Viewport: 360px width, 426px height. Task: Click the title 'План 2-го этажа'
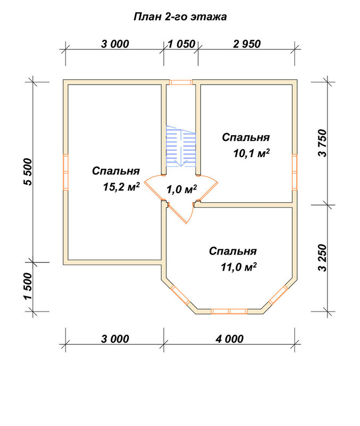coord(180,17)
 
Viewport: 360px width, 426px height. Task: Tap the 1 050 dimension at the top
coord(182,44)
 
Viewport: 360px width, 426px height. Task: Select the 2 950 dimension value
coord(247,44)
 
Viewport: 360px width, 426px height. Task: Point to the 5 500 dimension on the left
coord(28,171)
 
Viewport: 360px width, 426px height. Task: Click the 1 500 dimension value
coord(28,286)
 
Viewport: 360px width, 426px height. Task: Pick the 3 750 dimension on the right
coord(323,143)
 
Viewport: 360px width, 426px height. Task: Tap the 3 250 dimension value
coord(323,258)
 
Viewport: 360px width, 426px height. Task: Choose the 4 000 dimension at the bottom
coord(230,339)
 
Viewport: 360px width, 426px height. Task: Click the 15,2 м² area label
coord(121,187)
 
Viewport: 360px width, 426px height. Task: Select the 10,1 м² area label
coord(251,153)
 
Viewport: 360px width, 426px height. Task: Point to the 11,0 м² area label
coord(239,267)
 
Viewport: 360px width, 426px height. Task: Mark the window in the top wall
coord(181,82)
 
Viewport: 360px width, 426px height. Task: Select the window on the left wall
coord(66,172)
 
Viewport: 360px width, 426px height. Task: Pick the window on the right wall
coord(295,172)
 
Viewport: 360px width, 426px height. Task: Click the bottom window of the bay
coord(230,312)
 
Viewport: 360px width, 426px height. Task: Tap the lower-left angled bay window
coord(181,295)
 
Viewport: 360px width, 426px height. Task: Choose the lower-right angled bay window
coord(278,295)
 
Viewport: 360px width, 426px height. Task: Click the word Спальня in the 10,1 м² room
coord(246,137)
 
